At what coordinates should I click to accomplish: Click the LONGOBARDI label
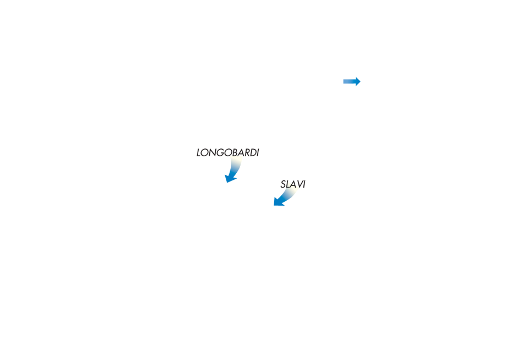[228, 152]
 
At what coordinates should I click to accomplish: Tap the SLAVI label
[293, 184]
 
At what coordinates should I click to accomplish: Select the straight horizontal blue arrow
[352, 81]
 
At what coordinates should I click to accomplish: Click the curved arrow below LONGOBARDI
[235, 170]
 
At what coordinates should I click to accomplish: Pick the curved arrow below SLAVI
[286, 198]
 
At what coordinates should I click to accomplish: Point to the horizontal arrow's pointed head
[361, 81]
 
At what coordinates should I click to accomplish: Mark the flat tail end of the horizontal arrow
[344, 81]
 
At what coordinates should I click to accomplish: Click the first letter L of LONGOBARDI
[199, 152]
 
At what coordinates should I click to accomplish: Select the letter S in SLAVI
[283, 184]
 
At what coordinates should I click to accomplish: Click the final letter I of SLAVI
[303, 184]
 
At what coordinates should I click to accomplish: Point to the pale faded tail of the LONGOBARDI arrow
[236, 161]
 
